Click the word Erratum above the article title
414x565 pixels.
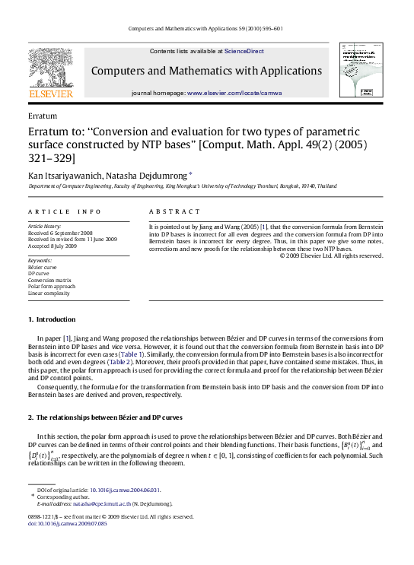click(x=42, y=117)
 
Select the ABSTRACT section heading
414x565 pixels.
click(x=174, y=211)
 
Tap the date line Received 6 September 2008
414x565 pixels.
click(x=61, y=233)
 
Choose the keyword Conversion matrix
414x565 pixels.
click(x=51, y=279)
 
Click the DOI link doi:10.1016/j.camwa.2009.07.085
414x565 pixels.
click(x=67, y=523)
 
